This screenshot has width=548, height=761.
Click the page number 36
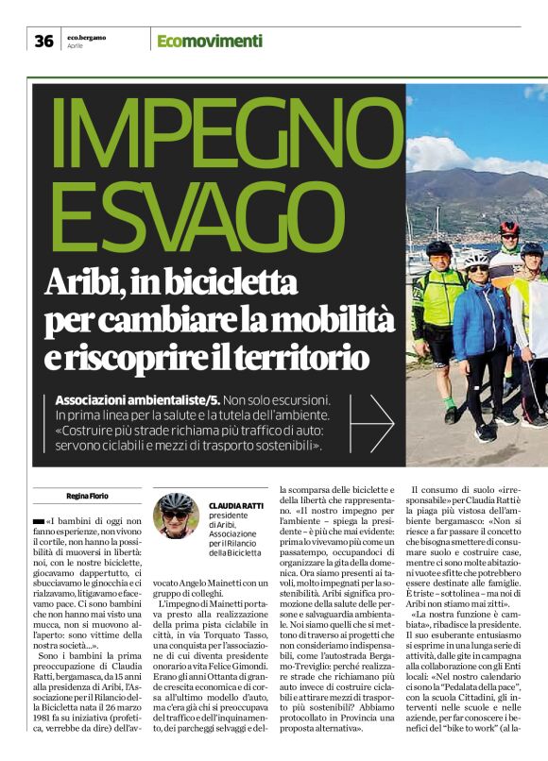click(43, 41)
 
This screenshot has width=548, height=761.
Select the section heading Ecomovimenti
click(210, 41)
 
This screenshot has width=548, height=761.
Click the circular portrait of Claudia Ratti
click(177, 516)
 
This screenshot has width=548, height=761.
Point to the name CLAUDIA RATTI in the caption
click(236, 506)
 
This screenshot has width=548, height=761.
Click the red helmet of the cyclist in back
click(510, 228)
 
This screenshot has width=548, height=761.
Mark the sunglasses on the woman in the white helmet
click(477, 268)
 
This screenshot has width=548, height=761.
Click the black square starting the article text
click(38, 521)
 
